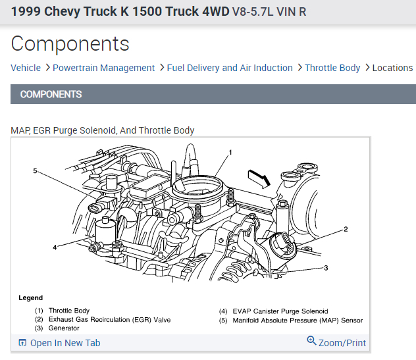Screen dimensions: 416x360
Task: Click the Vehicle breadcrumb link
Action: coord(26,68)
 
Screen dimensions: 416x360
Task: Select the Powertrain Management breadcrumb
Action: coord(103,68)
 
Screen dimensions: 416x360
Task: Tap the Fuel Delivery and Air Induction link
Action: coord(230,68)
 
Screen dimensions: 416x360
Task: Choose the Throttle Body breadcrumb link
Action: coord(332,68)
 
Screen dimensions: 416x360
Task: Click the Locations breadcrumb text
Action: coord(393,68)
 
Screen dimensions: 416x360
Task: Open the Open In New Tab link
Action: coord(59,343)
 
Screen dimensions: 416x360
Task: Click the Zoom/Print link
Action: coord(342,343)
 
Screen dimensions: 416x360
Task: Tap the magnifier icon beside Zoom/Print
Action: coord(311,341)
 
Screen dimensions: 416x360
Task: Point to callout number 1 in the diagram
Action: coord(230,153)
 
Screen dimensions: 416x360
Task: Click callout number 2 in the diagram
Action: coord(346,229)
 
